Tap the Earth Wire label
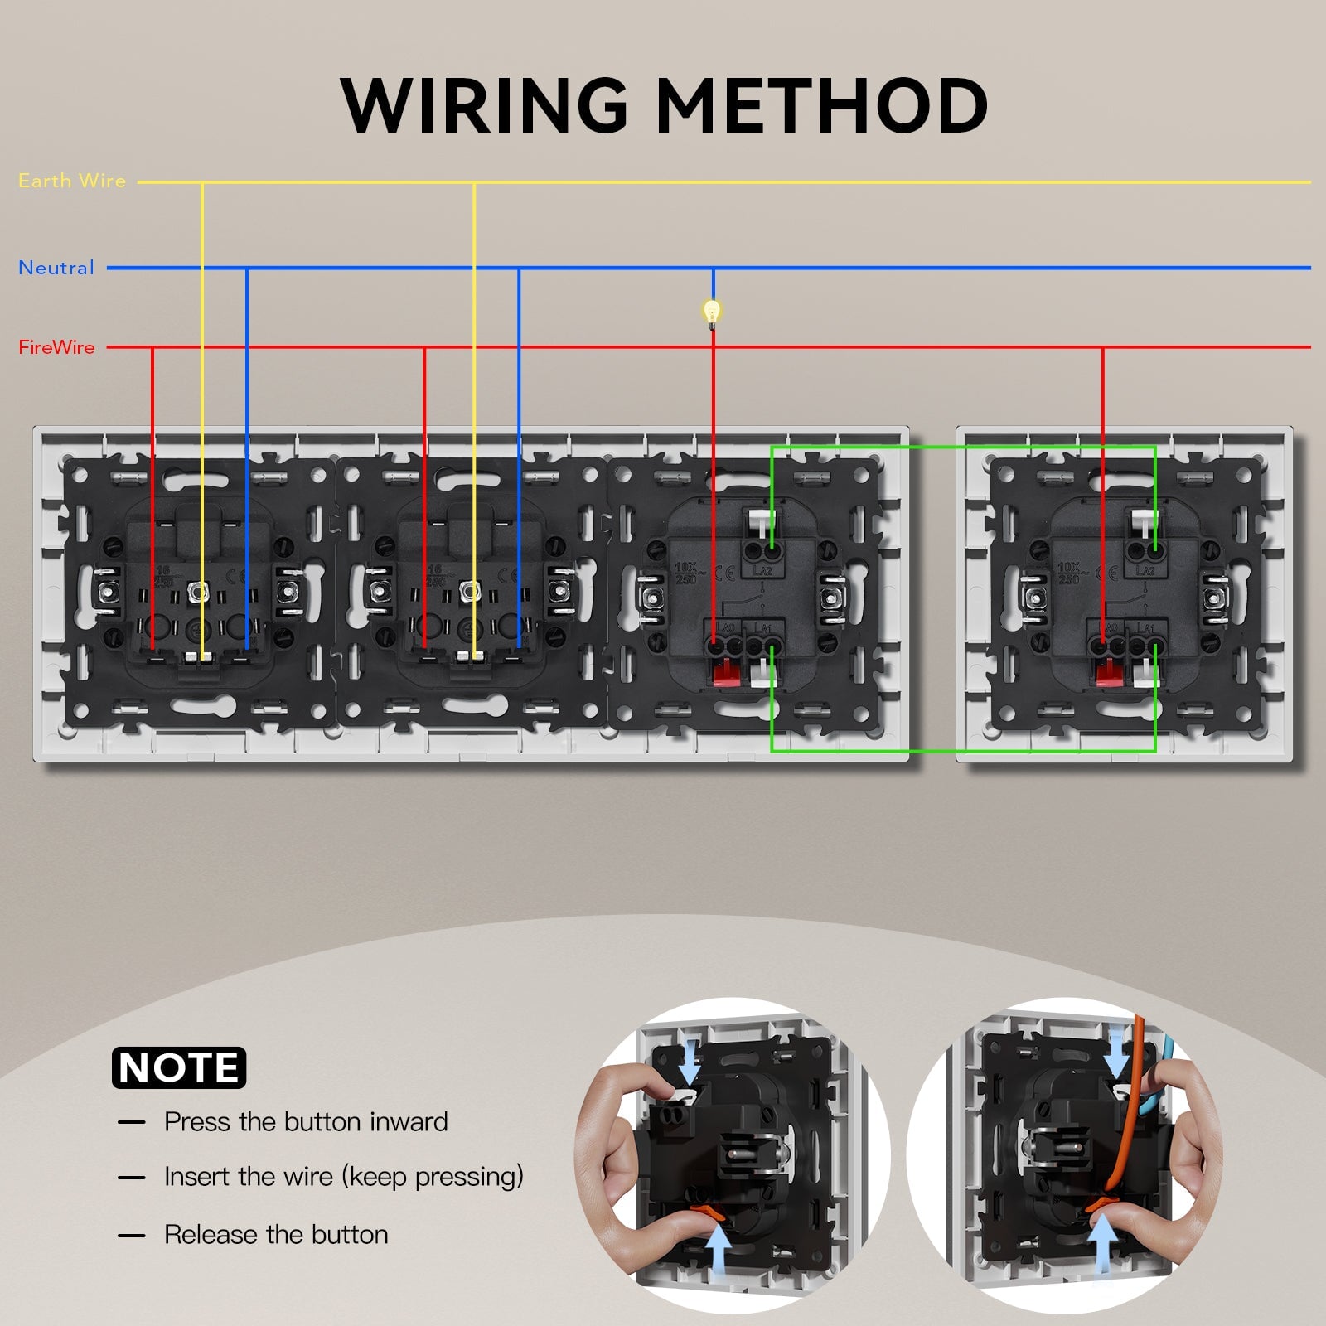(72, 181)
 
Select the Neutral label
(56, 268)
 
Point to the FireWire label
(56, 347)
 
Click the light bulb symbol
(712, 312)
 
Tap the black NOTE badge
(179, 1067)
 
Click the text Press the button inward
(306, 1122)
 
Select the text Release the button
(276, 1235)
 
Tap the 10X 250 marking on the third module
(687, 573)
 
